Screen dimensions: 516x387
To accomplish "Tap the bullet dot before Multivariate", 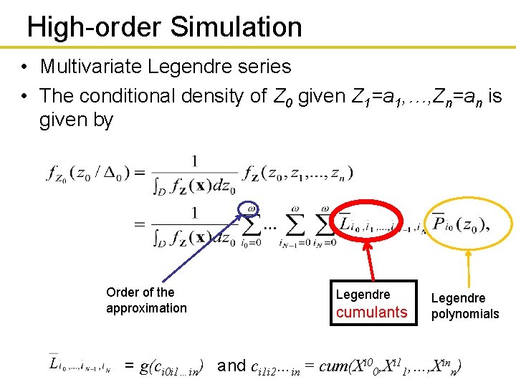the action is (x=24, y=67).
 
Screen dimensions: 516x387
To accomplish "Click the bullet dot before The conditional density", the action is (x=24, y=96).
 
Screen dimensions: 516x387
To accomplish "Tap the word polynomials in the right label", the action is (x=465, y=314).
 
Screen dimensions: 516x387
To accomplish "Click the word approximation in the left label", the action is (x=146, y=308).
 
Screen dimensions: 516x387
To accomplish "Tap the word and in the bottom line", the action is (x=231, y=366).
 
